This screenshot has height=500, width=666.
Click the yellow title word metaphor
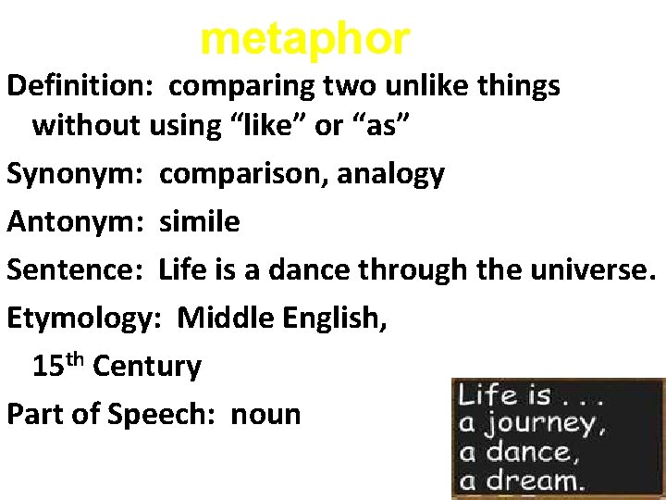click(304, 39)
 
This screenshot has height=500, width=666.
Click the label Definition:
click(83, 86)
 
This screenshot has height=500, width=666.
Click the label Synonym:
click(78, 173)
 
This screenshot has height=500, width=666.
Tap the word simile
click(199, 221)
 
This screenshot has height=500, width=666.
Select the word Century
click(147, 367)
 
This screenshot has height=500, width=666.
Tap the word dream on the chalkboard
click(537, 479)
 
